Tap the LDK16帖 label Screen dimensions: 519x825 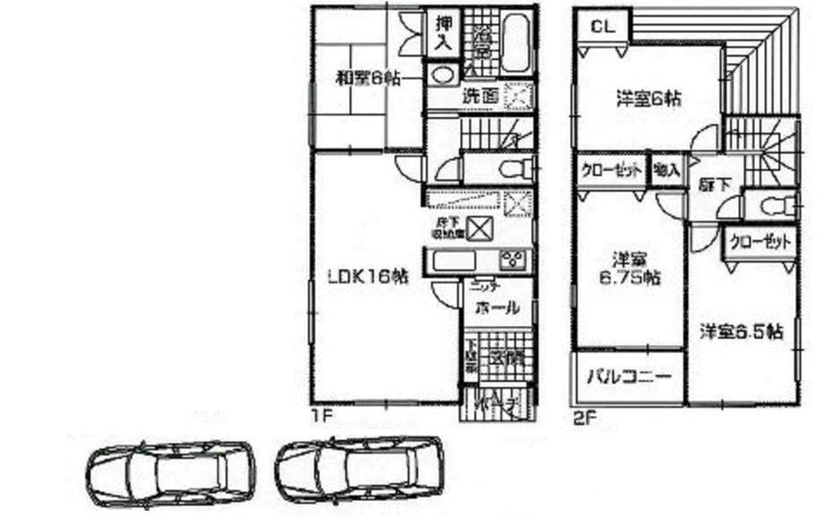(367, 278)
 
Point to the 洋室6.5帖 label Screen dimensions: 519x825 (742, 332)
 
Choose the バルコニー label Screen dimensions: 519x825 (629, 378)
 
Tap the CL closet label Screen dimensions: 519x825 (602, 27)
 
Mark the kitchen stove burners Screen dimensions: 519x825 (515, 261)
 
